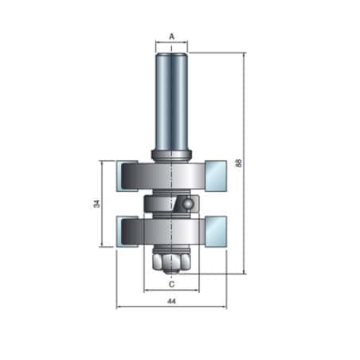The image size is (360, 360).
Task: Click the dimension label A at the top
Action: (x=172, y=37)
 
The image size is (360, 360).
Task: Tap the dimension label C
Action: (x=172, y=284)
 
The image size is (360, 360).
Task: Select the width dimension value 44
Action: (x=172, y=301)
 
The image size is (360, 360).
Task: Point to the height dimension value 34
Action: (x=96, y=203)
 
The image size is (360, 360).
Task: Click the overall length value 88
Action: (x=239, y=162)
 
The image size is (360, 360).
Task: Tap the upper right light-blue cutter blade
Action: (x=216, y=176)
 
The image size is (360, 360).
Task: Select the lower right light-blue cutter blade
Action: (x=216, y=232)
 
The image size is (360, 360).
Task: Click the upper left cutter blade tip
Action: (x=127, y=176)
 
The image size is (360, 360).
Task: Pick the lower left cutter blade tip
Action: (x=127, y=232)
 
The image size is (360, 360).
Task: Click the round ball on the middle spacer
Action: (x=189, y=203)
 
